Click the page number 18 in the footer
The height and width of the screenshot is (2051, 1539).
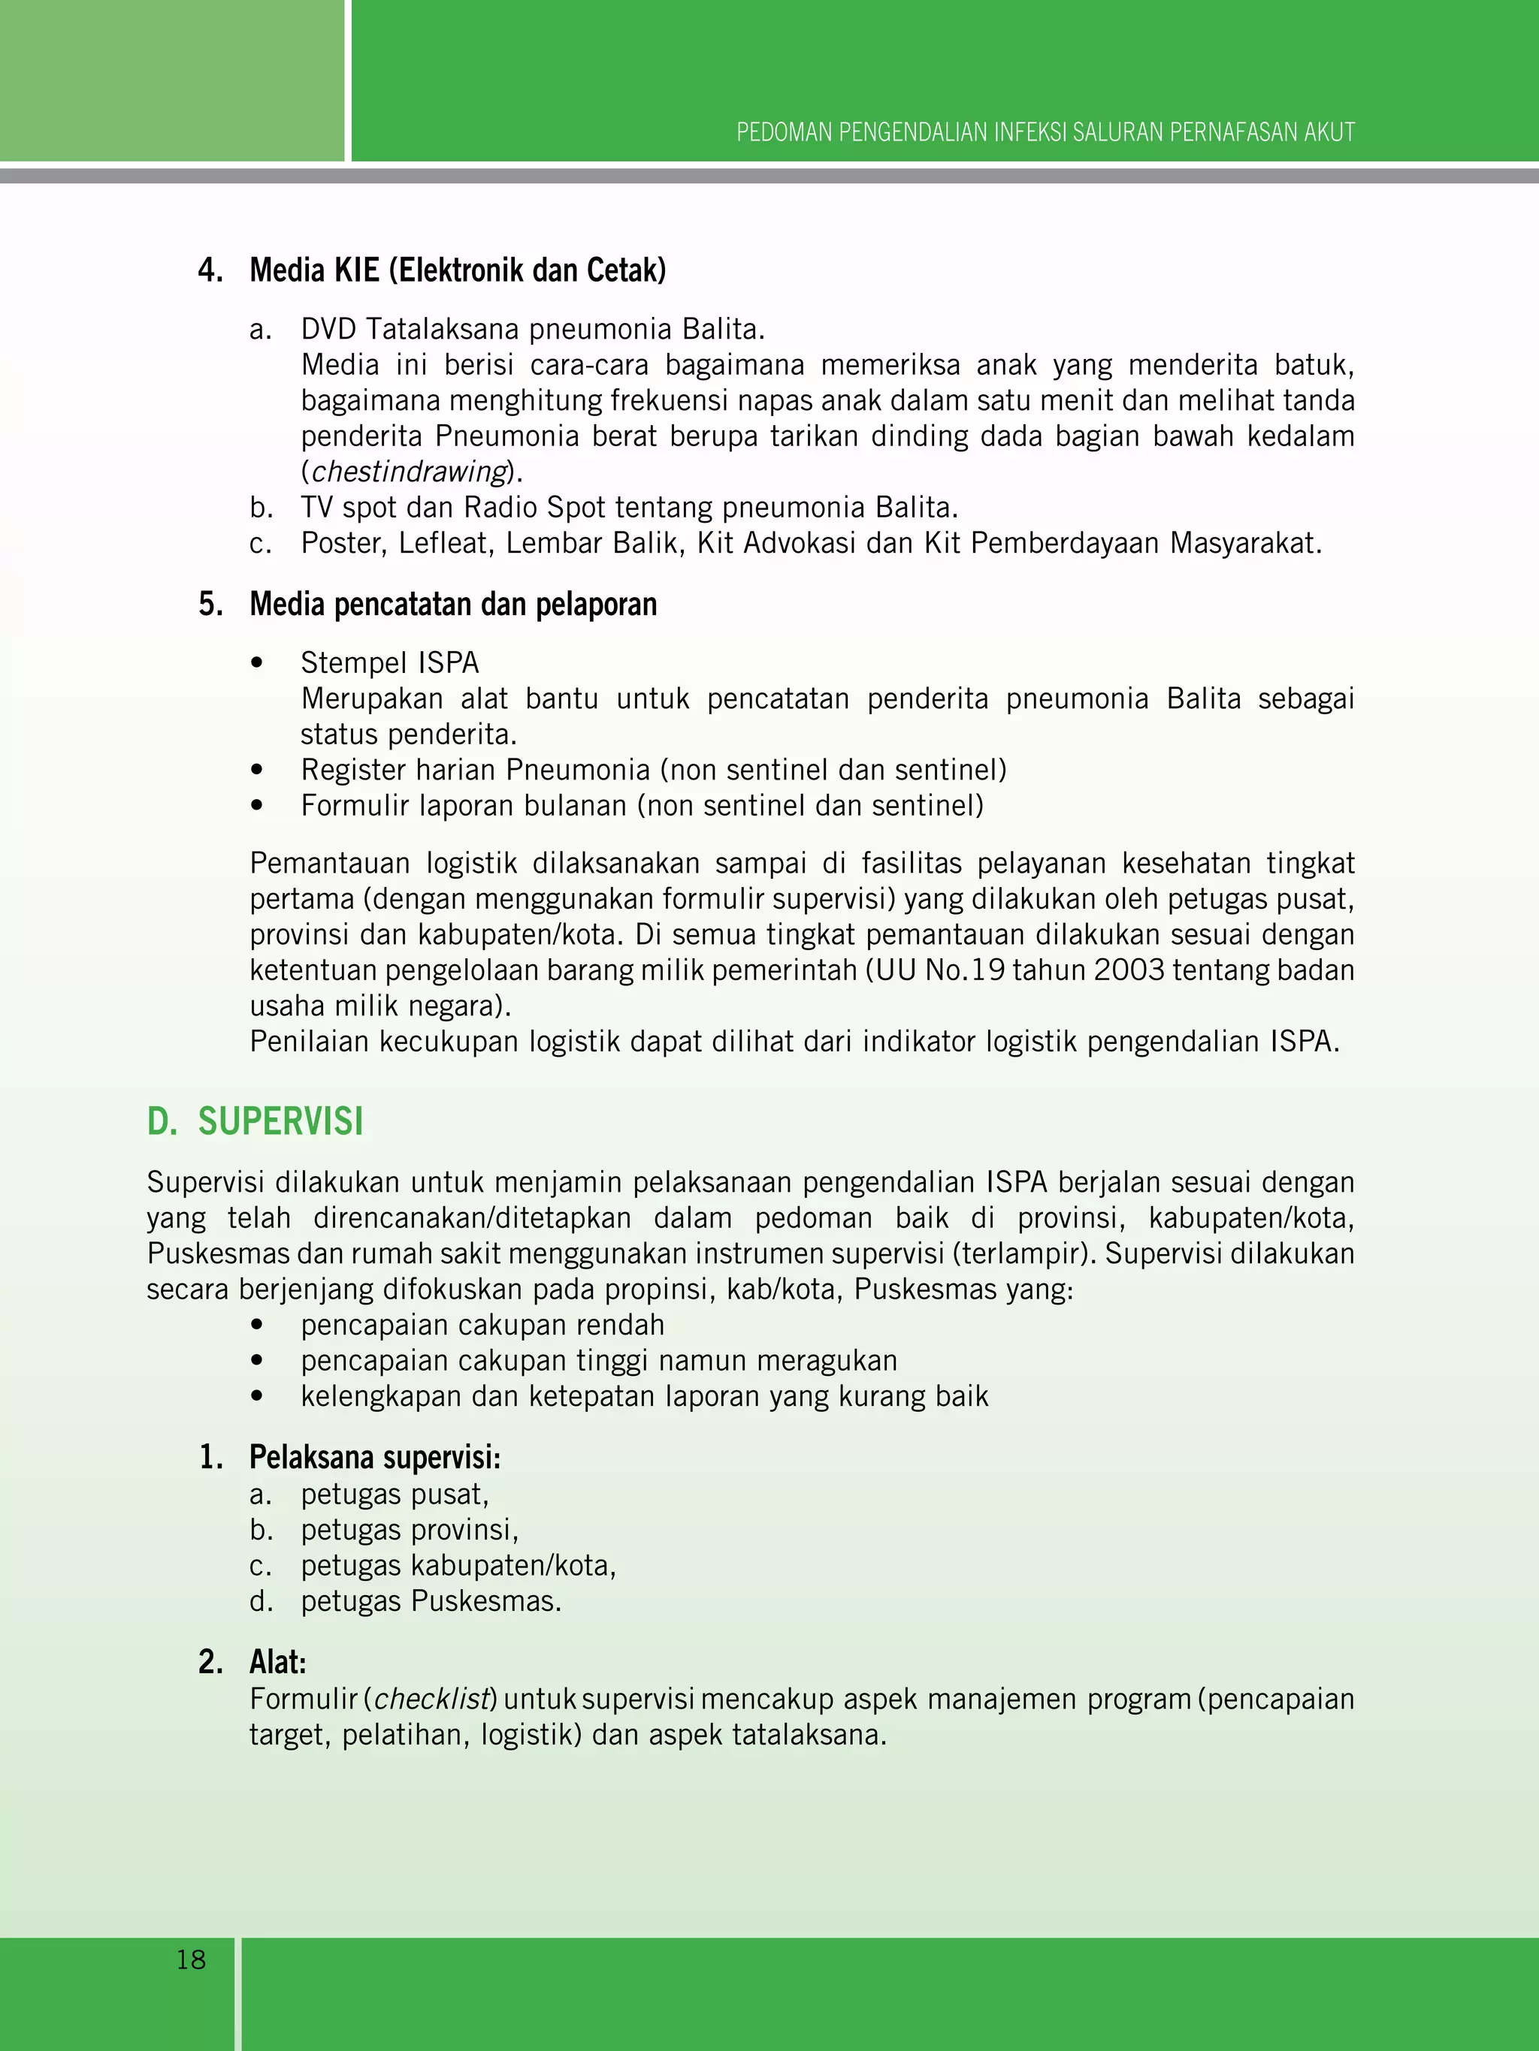191,1959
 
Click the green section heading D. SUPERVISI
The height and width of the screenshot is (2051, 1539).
255,1121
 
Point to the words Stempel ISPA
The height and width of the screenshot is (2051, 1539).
389,663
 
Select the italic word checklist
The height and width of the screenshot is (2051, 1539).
431,1700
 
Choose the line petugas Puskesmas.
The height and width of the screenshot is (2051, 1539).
431,1601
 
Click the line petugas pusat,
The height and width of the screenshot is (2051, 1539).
395,1495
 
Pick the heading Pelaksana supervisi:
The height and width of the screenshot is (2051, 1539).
375,1458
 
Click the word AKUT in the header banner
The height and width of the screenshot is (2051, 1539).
1329,133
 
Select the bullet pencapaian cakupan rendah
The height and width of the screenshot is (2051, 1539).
482,1325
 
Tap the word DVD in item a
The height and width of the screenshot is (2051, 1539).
328,329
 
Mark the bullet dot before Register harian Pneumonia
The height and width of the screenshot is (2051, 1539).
257,771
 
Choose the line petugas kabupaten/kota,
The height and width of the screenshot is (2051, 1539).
458,1566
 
